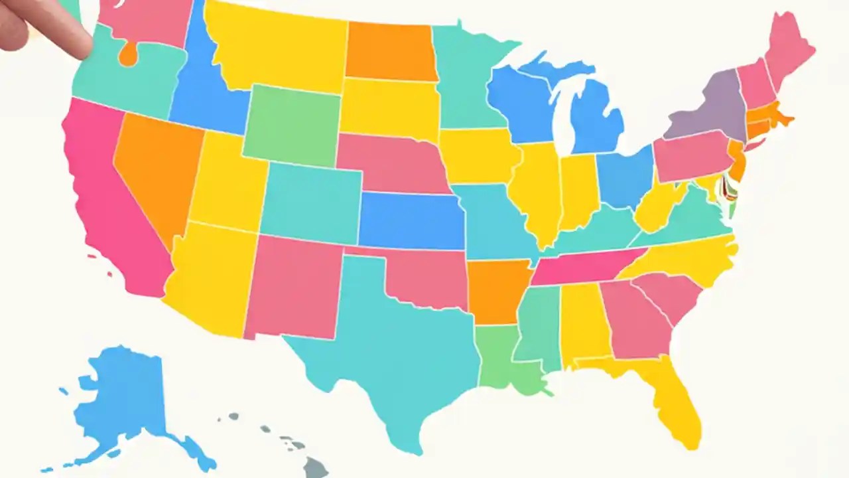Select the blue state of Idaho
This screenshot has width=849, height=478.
pyautogui.click(x=199, y=93)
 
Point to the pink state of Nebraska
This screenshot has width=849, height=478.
pyautogui.click(x=391, y=163)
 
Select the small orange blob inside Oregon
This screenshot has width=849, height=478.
pyautogui.click(x=127, y=54)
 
